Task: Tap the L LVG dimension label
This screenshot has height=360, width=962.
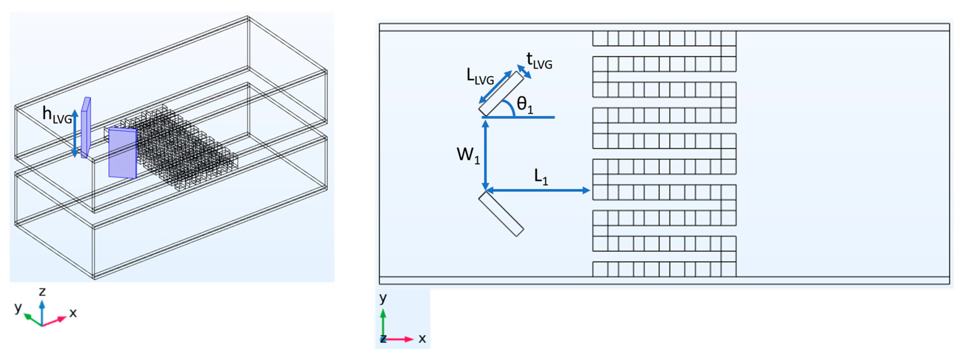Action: (480, 77)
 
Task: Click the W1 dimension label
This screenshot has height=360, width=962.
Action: (468, 155)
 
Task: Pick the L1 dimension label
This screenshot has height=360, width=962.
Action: (541, 177)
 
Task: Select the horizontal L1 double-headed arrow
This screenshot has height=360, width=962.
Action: (538, 190)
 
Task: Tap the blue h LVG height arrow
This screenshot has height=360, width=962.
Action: (75, 133)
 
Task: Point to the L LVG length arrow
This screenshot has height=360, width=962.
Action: (495, 87)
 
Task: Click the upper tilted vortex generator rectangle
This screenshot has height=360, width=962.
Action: (501, 93)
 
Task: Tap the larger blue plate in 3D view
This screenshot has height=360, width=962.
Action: (123, 153)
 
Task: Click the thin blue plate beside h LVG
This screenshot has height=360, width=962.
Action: (86, 128)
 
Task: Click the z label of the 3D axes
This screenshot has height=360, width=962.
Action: (42, 291)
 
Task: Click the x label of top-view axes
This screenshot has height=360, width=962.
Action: (422, 339)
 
